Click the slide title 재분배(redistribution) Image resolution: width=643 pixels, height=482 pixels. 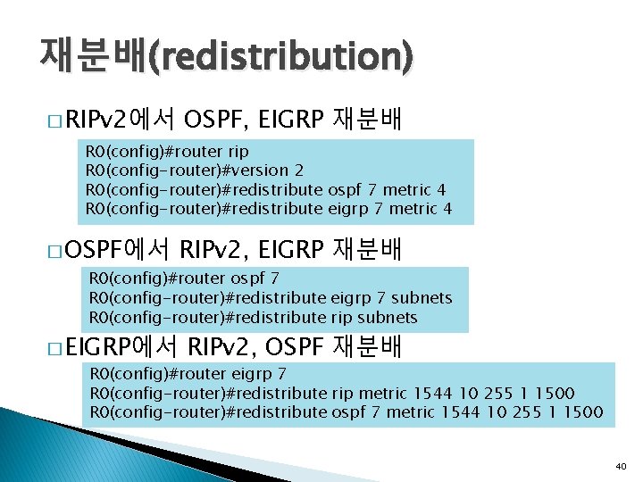pyautogui.click(x=226, y=56)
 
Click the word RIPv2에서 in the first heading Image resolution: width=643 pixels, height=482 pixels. pyautogui.click(x=122, y=118)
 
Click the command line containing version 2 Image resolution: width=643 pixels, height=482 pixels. pyautogui.click(x=194, y=170)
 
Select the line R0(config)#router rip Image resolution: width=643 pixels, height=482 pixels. pyautogui.click(x=167, y=151)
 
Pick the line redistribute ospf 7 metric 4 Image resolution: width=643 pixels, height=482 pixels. pyautogui.click(x=265, y=189)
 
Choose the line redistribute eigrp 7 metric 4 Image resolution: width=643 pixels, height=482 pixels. pyautogui.click(x=268, y=209)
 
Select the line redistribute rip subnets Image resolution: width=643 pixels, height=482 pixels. pyautogui.click(x=253, y=317)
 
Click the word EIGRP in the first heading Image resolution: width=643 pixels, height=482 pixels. pyautogui.click(x=283, y=118)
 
